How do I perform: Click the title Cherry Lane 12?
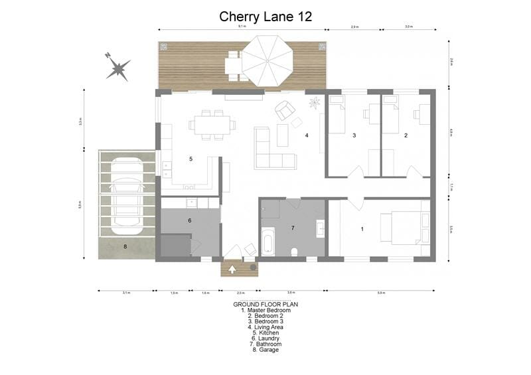point(265,17)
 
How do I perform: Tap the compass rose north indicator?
point(119,67)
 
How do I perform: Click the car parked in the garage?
point(126,193)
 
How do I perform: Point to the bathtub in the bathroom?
point(267,242)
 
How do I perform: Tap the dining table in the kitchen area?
point(212,124)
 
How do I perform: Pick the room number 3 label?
point(354,135)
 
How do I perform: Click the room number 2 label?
point(406,135)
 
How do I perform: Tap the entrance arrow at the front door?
point(233,269)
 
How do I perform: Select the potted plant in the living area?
point(314,102)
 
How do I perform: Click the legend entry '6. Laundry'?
point(265,338)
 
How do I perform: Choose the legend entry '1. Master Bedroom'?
point(265,310)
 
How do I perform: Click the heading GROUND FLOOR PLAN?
point(265,304)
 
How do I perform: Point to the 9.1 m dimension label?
point(242,27)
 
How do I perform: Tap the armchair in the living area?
point(285,110)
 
